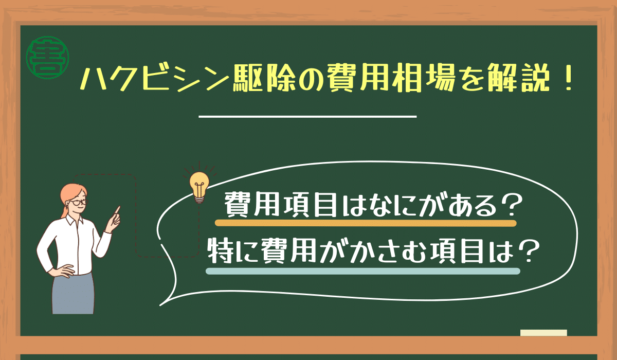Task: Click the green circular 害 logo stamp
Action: (x=47, y=58)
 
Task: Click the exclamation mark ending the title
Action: (x=568, y=79)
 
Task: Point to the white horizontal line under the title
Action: (x=307, y=117)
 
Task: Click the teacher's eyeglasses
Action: (x=79, y=203)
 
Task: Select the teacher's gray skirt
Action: (x=73, y=294)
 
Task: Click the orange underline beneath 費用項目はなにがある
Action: (x=366, y=223)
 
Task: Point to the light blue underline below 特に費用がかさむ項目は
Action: (x=363, y=272)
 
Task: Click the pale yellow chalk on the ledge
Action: (x=543, y=333)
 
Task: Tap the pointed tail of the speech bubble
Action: (x=160, y=305)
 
